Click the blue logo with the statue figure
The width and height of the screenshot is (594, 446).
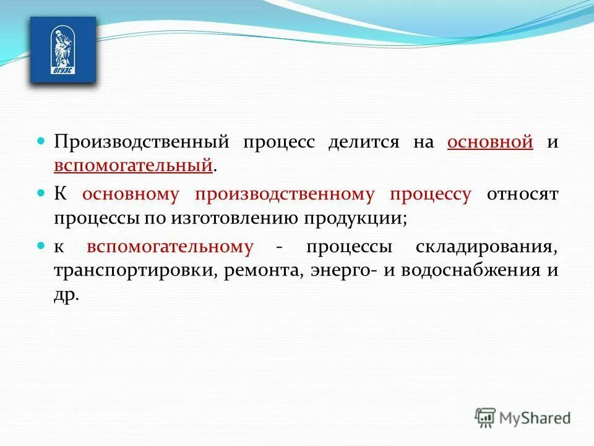pos(63,50)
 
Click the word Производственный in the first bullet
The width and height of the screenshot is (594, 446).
pos(141,142)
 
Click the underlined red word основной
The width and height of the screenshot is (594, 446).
pos(490,142)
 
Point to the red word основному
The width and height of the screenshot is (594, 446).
pos(131,195)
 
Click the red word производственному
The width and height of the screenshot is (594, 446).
pos(285,195)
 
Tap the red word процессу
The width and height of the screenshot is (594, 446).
pos(430,195)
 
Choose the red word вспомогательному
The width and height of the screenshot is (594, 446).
pos(170,247)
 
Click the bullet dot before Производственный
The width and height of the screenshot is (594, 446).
pos(42,141)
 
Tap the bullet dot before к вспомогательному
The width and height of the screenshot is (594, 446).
pos(42,246)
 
